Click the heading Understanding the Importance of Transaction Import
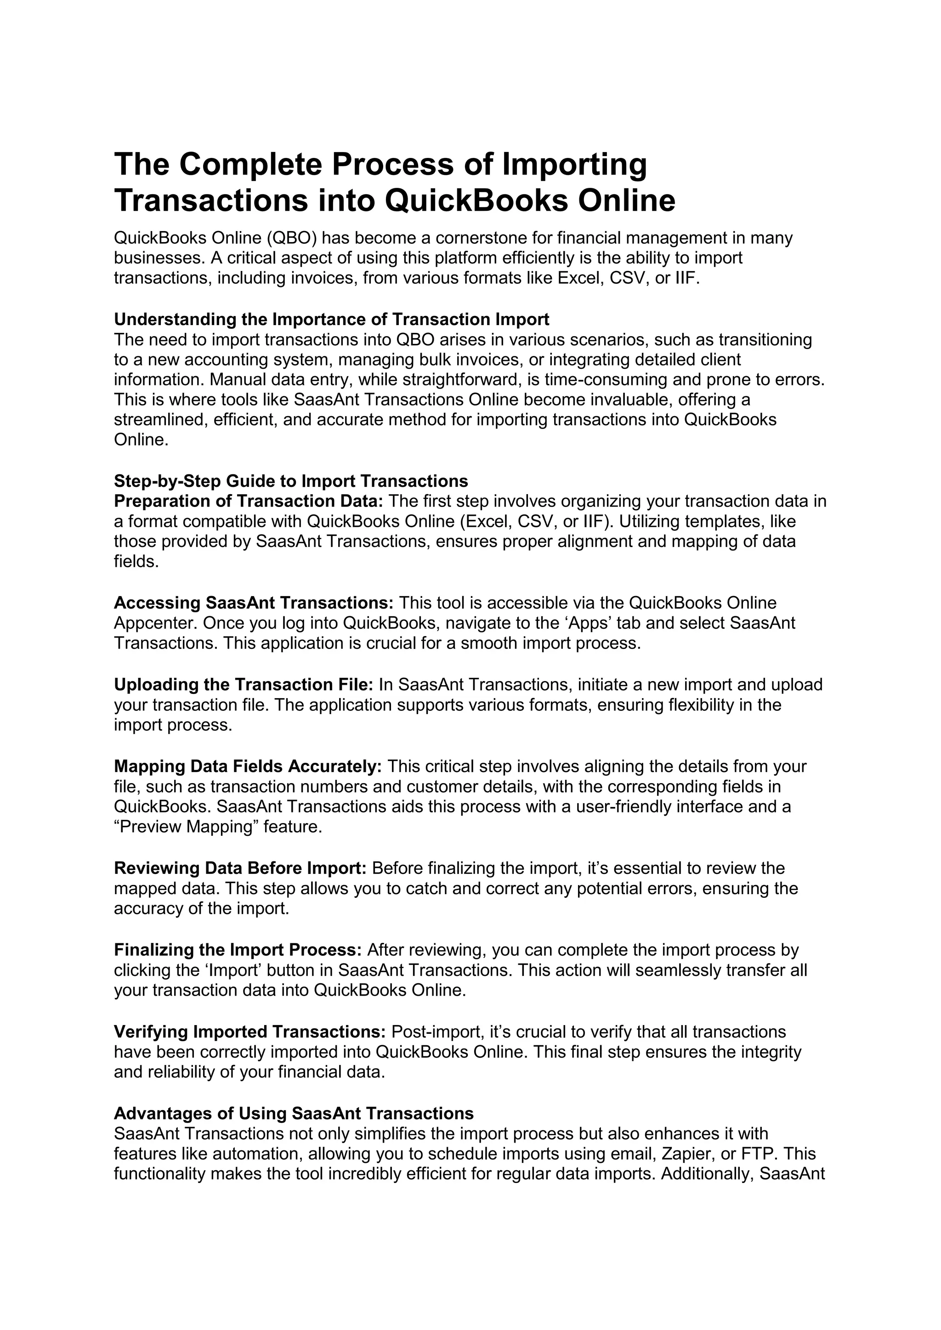(331, 319)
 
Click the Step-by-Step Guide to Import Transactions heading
(291, 481)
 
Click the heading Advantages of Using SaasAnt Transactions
(294, 1113)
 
